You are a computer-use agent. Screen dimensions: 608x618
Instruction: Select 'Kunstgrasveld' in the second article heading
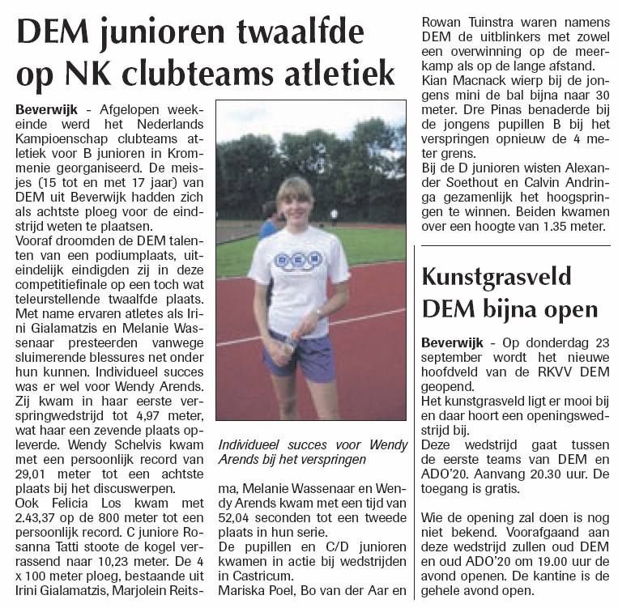497,276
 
